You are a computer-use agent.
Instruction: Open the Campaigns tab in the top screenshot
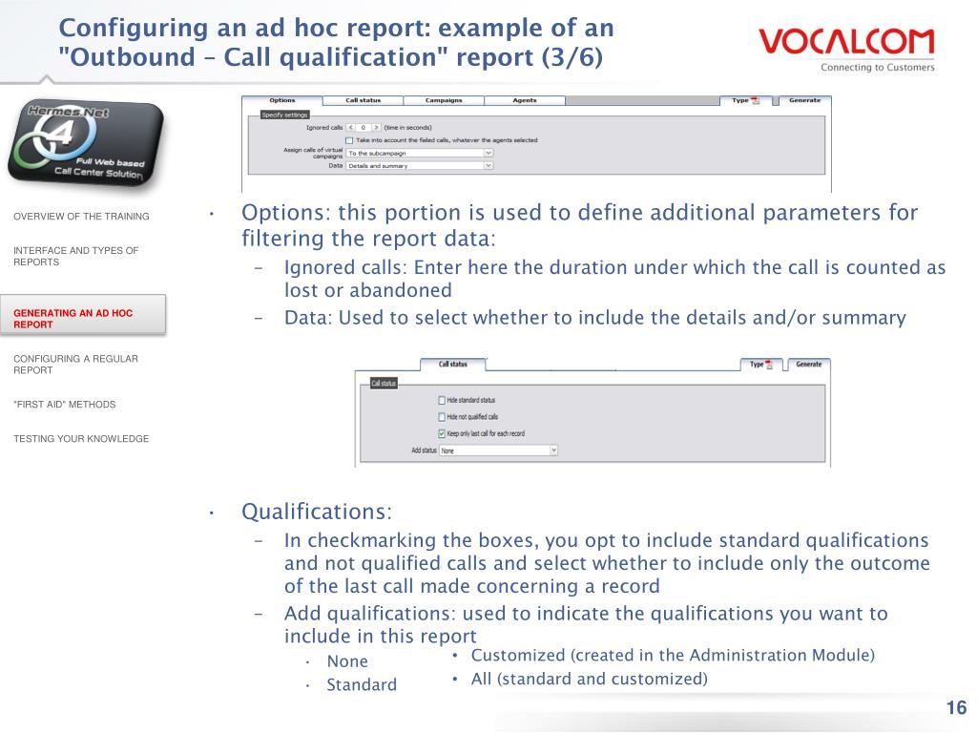[x=444, y=100]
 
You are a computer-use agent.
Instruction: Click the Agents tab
[x=525, y=100]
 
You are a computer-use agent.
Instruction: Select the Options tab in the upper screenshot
[x=282, y=100]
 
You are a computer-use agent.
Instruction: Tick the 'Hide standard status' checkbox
[x=441, y=400]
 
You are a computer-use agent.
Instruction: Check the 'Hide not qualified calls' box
[x=441, y=417]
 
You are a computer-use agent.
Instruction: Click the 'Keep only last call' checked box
[x=441, y=433]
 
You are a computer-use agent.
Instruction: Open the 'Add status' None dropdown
[x=498, y=450]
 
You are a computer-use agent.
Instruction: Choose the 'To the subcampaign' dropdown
[x=420, y=153]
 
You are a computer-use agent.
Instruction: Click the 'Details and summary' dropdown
[x=420, y=165]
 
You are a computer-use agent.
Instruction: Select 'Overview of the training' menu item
[x=81, y=217]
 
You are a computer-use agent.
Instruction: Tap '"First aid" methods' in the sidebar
[x=64, y=405]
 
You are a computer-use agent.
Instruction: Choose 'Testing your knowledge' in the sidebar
[x=81, y=439]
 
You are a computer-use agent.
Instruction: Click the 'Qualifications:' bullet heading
[x=317, y=512]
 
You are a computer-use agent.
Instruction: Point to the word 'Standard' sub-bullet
[x=362, y=684]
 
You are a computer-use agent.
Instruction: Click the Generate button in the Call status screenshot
[x=808, y=364]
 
